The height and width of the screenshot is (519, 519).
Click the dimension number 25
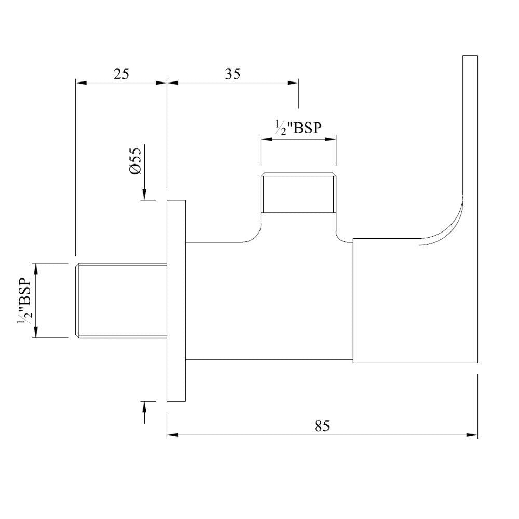[121, 74]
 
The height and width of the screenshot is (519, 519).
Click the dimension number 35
[233, 74]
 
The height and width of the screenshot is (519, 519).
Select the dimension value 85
[322, 426]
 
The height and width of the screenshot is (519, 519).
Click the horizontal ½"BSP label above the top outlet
[298, 128]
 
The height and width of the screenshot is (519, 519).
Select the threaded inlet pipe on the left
[121, 301]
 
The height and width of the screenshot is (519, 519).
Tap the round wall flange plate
[176, 301]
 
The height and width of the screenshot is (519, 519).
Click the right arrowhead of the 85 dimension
[473, 435]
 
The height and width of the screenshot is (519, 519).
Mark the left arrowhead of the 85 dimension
[172, 435]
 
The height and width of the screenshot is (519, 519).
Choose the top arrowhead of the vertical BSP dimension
[36, 268]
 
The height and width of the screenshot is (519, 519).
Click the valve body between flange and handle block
[270, 301]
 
